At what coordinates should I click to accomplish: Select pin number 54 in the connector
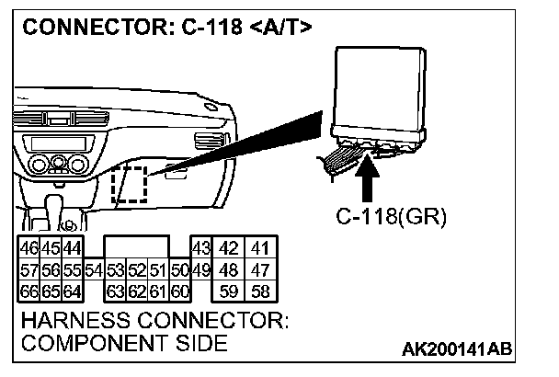click(93, 270)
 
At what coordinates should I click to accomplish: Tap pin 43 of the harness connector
click(201, 248)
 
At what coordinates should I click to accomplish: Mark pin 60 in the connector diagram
click(179, 292)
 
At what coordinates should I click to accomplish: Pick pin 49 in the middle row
click(201, 270)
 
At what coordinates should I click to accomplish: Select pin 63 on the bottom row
click(115, 292)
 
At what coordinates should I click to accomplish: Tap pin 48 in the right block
click(230, 270)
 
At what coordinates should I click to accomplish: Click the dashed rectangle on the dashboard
click(130, 186)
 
